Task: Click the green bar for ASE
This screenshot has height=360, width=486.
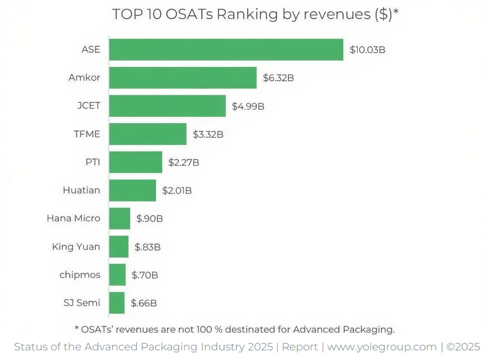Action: click(226, 50)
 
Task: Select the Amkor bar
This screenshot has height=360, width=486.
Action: click(183, 78)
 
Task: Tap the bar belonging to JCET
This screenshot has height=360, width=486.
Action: click(167, 106)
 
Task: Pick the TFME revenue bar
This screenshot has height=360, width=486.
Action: click(148, 134)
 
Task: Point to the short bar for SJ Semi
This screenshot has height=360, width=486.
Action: click(117, 303)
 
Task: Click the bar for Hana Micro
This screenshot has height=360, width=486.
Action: click(119, 218)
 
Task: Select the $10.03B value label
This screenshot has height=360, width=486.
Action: click(367, 50)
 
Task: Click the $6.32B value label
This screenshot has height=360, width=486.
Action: click(278, 78)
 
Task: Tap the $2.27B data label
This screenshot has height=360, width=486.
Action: click(184, 162)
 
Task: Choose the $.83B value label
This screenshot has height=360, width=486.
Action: click(147, 247)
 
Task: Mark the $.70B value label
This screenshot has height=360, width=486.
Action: click(145, 275)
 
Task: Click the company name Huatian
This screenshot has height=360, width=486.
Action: click(81, 190)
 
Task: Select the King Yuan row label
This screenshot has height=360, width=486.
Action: click(76, 247)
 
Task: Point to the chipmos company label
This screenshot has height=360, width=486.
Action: click(80, 275)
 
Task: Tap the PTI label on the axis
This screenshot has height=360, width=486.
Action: click(92, 162)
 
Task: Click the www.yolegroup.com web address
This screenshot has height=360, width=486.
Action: click(381, 347)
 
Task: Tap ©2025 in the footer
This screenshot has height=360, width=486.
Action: click(463, 347)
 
